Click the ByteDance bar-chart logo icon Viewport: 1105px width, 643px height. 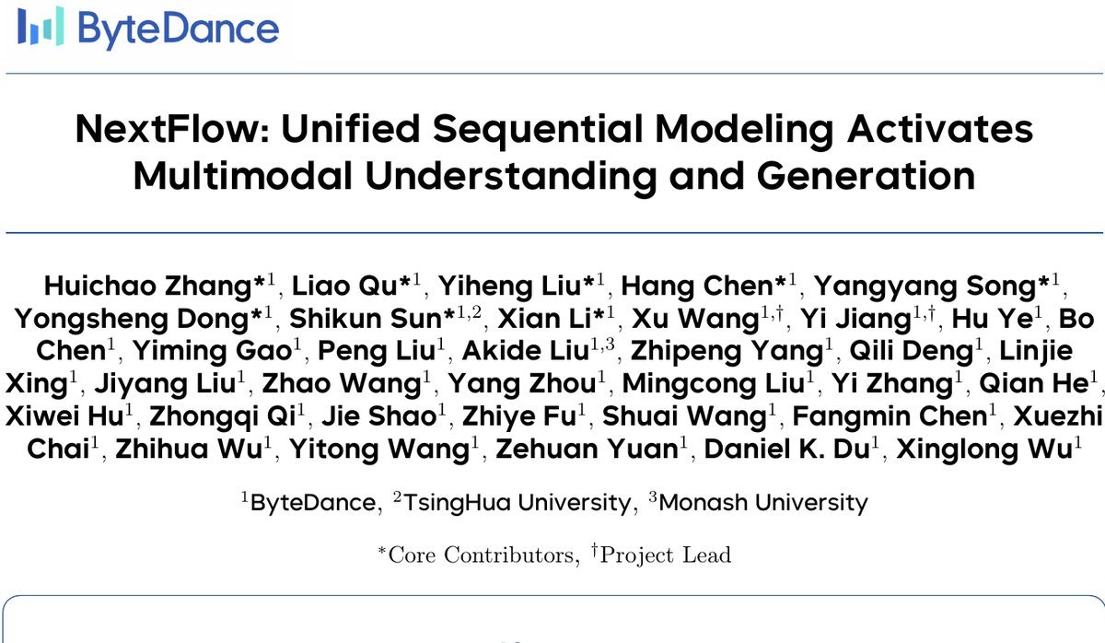coord(41,26)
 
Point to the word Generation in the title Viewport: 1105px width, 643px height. coord(866,176)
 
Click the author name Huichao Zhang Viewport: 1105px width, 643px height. coord(148,286)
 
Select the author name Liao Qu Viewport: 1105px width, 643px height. coord(344,286)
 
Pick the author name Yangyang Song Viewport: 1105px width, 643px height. coord(925,286)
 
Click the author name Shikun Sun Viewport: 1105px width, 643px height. coord(366,319)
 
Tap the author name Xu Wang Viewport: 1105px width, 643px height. coord(695,320)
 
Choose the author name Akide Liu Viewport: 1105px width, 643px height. coord(526,351)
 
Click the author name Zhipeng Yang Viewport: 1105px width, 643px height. coord(727,352)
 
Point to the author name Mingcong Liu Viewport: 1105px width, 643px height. coord(714,384)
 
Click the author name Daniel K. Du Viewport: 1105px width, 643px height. coord(786,449)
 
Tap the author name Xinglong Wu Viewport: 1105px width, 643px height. coord(984,450)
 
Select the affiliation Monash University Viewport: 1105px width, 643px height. coord(763,503)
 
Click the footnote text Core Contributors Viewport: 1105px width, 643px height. coord(481,555)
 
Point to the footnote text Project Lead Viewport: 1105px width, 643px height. coord(666,555)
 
